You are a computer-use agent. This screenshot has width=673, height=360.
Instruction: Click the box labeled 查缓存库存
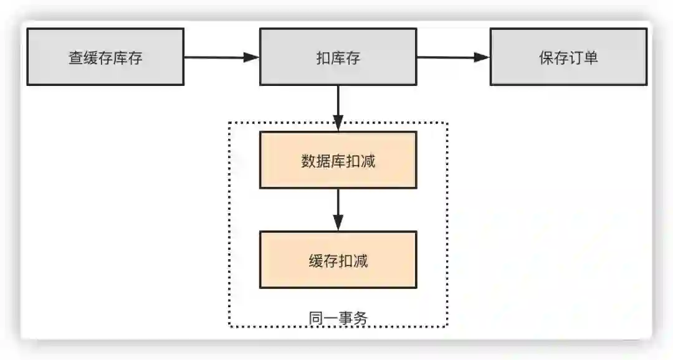click(x=105, y=57)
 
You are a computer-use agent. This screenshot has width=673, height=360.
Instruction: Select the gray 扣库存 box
click(x=338, y=57)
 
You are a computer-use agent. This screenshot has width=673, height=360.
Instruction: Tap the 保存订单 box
click(x=568, y=57)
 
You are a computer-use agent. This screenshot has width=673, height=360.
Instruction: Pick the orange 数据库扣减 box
click(x=338, y=160)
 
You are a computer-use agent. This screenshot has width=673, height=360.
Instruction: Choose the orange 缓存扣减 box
click(x=338, y=260)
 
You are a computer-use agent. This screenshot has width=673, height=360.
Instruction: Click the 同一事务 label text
click(x=338, y=318)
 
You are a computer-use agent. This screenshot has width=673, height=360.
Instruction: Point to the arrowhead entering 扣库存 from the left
click(x=252, y=57)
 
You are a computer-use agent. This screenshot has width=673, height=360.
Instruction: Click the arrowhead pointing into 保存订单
click(x=482, y=57)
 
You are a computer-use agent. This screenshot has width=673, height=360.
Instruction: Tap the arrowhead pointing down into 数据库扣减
click(x=338, y=123)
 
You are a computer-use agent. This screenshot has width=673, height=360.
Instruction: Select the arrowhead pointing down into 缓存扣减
click(x=338, y=223)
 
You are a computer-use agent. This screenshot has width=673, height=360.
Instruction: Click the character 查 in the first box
click(x=75, y=58)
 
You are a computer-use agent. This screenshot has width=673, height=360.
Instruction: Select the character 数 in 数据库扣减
click(x=308, y=161)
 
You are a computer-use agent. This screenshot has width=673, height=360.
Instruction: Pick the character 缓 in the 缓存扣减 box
click(x=315, y=261)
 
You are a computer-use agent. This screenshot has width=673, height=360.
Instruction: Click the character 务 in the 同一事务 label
click(x=361, y=318)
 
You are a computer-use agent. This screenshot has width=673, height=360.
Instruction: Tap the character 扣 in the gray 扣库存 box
click(x=323, y=58)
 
